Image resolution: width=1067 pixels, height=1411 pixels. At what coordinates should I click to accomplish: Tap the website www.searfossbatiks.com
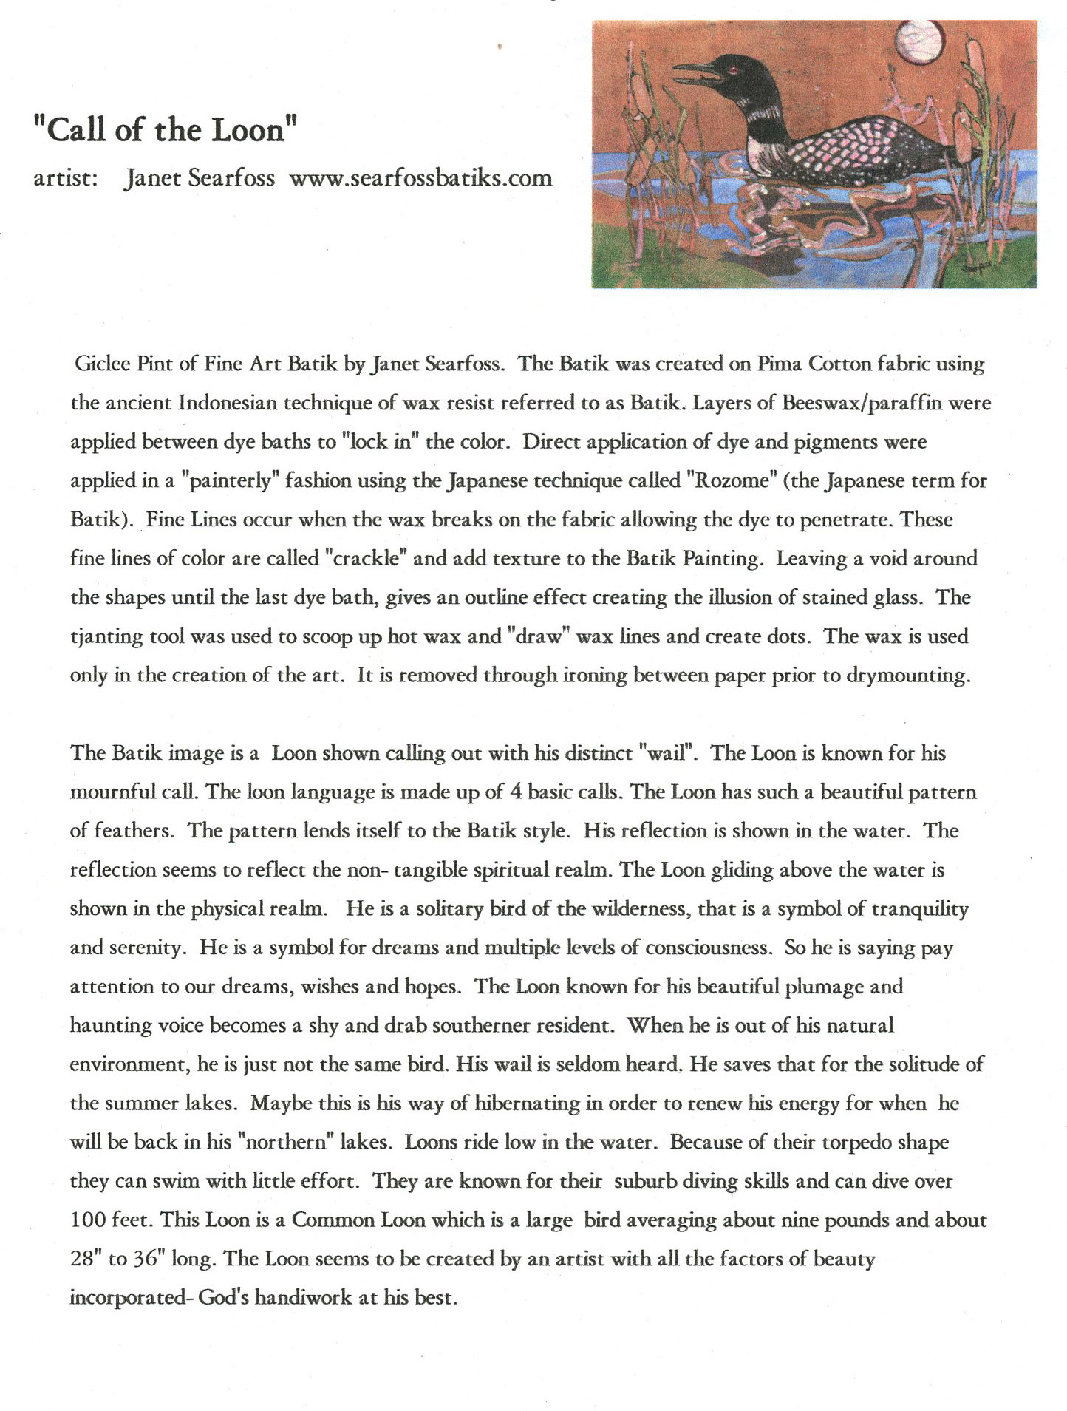point(420,178)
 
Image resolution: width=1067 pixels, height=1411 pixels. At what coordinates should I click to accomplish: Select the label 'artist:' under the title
point(65,178)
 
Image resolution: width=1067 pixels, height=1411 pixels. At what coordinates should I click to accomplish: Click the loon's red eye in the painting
point(732,70)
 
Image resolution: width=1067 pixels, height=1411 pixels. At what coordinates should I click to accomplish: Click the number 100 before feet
point(87,1220)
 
